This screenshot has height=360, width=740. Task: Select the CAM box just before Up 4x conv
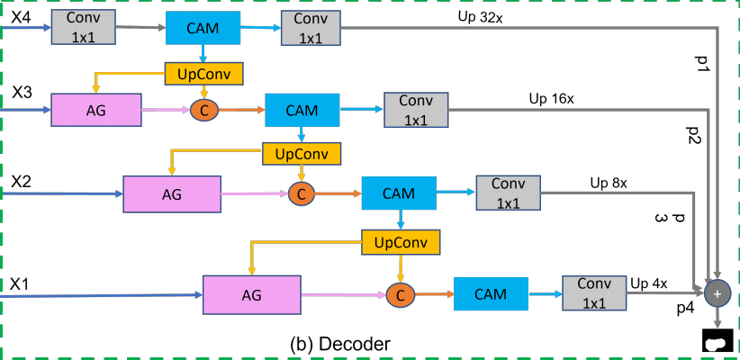point(490,293)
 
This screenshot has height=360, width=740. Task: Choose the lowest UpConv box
point(400,241)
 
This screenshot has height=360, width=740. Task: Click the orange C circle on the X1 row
point(399,293)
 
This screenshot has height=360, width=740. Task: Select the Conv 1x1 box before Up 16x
point(415,109)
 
